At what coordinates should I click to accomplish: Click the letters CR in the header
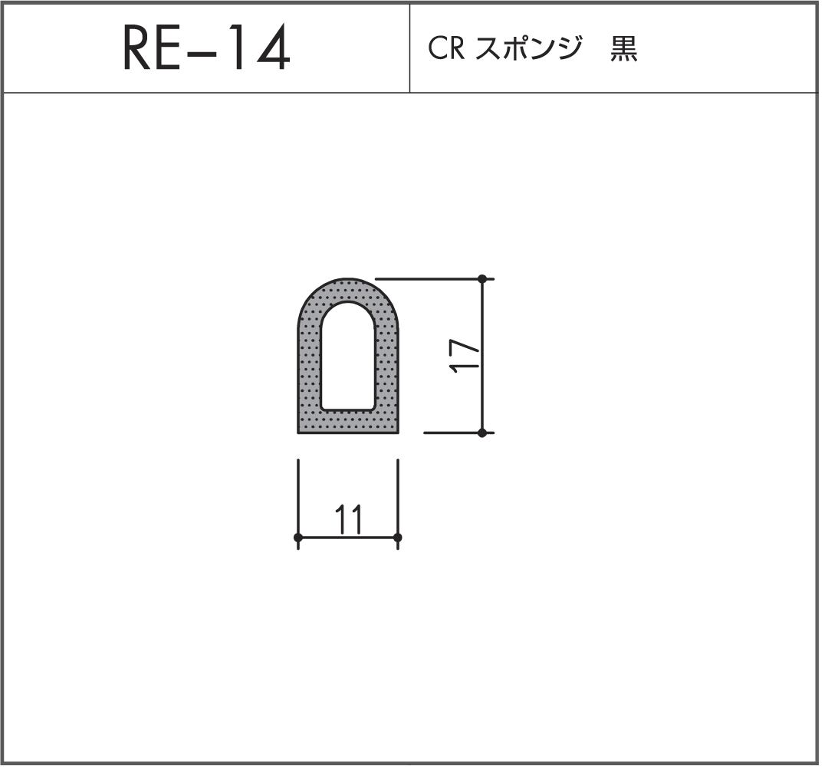click(x=443, y=49)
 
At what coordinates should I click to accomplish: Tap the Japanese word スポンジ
click(x=524, y=49)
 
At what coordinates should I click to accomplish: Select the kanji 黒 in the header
click(x=624, y=49)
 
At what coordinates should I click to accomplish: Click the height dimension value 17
click(x=465, y=356)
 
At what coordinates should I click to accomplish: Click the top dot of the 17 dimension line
click(x=482, y=278)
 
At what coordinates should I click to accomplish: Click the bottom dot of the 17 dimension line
click(x=482, y=432)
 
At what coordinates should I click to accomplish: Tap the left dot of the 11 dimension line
click(x=298, y=538)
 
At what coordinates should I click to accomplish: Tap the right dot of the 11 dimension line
click(x=397, y=538)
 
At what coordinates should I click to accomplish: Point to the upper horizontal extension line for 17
click(x=429, y=278)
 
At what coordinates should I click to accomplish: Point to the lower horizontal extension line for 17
click(x=452, y=432)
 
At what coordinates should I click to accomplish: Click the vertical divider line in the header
click(x=410, y=49)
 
